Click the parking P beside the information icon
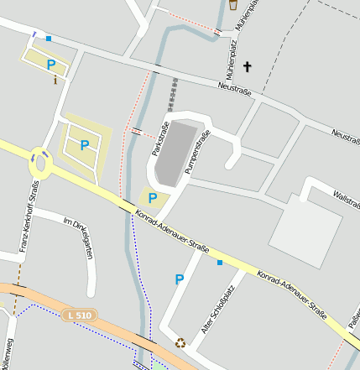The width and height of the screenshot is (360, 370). tap(51, 64)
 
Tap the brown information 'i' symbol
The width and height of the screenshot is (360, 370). tap(55, 81)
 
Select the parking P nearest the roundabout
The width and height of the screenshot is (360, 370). tap(84, 144)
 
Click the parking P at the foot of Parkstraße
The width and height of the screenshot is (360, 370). tap(152, 198)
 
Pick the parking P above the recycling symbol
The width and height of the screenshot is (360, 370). tap(179, 279)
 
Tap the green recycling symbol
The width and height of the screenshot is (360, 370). tap(180, 342)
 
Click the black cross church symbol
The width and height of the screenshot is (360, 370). tap(247, 65)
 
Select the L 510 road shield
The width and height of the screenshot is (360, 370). tap(77, 315)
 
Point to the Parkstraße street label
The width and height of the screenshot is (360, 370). tap(159, 138)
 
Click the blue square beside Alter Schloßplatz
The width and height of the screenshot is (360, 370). tap(221, 263)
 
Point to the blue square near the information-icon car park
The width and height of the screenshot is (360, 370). tap(49, 39)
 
